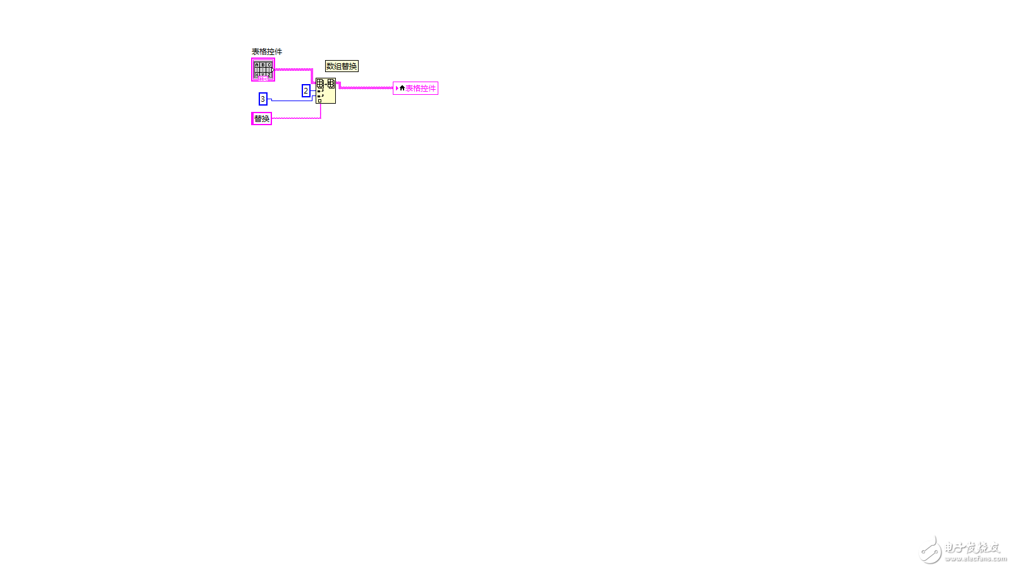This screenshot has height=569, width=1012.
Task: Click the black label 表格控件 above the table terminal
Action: click(266, 51)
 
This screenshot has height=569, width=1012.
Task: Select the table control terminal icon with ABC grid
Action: click(263, 70)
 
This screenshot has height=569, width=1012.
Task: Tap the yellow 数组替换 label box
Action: click(342, 66)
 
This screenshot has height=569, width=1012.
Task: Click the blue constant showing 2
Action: click(306, 91)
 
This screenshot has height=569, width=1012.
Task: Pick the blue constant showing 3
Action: click(263, 99)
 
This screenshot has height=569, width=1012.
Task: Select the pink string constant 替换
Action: click(262, 118)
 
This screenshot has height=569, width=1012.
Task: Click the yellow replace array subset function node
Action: click(326, 90)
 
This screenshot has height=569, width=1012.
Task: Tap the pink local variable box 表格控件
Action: click(416, 88)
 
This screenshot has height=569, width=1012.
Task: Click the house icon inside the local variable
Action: click(402, 88)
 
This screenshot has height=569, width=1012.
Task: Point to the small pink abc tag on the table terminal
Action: click(263, 78)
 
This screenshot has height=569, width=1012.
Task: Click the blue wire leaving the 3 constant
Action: click(292, 101)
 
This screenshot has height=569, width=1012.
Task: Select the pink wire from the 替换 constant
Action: click(297, 118)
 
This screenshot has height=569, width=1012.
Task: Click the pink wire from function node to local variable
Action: click(365, 88)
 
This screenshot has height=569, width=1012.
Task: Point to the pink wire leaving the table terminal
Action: click(293, 70)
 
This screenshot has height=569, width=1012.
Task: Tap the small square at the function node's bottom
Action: click(320, 101)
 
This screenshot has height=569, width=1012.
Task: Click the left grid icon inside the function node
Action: click(320, 83)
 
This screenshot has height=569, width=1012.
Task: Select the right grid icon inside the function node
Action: click(331, 83)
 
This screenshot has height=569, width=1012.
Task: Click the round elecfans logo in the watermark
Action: click(930, 549)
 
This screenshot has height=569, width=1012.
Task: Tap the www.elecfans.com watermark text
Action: click(976, 559)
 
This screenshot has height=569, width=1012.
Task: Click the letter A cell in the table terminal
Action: click(257, 64)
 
